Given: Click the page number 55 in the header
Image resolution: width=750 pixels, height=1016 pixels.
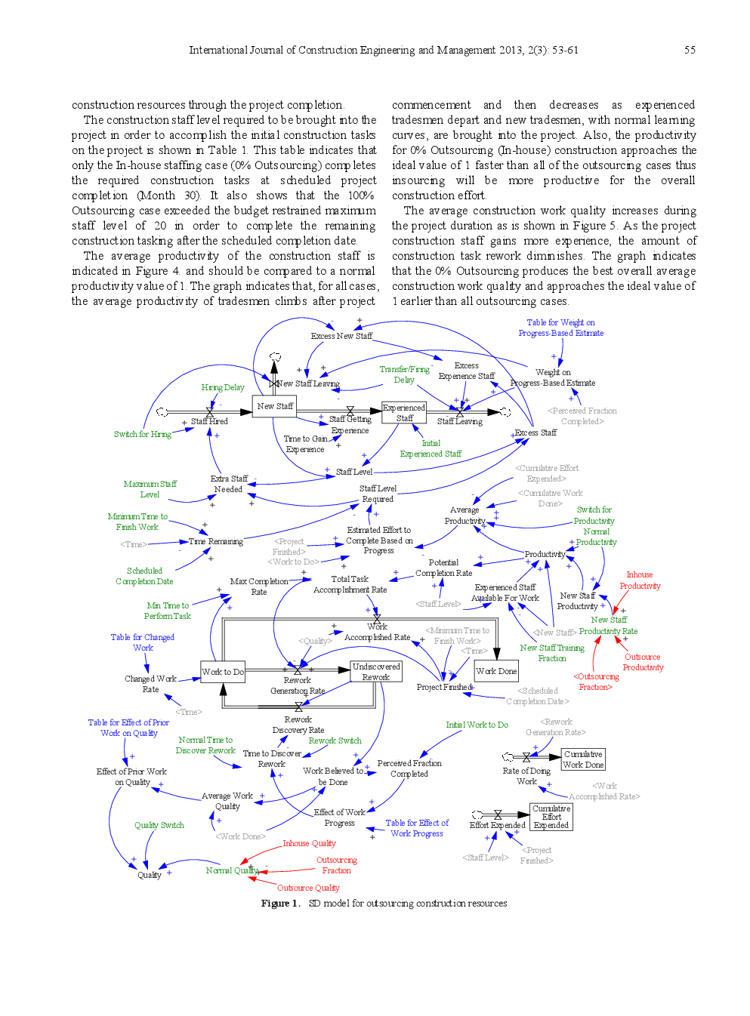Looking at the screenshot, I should [690, 50].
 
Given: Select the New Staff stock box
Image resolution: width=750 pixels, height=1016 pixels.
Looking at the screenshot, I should [274, 406].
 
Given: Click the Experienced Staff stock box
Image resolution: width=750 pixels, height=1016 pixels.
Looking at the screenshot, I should [404, 412].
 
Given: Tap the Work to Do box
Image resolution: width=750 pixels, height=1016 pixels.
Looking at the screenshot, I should [223, 672].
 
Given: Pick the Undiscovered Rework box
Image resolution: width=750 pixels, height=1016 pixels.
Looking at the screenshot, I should [376, 672].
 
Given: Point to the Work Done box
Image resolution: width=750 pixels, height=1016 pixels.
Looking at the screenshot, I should [496, 671].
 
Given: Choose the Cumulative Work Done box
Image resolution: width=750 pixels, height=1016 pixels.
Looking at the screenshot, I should [583, 759].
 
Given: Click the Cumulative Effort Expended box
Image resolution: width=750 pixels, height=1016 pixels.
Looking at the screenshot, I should [551, 817].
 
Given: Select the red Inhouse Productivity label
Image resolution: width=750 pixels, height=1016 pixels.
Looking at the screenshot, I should [640, 580].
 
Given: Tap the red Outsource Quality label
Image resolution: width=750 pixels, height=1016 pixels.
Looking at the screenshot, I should [308, 888].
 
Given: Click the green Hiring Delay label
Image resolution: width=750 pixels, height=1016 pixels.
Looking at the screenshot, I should [223, 387].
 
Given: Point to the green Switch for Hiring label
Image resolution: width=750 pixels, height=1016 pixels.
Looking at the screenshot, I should [143, 434].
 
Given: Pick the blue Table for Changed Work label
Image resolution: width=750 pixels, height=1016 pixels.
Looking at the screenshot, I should [142, 642].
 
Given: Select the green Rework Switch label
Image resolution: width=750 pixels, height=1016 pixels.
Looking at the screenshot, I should [335, 740].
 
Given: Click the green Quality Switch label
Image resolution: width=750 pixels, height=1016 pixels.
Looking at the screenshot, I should [159, 825].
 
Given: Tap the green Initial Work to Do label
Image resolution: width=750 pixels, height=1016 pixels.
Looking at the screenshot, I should [477, 725].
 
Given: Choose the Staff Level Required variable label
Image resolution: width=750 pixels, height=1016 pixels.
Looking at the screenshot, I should [378, 494].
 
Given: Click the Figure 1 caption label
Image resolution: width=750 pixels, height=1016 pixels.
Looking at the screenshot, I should [384, 904].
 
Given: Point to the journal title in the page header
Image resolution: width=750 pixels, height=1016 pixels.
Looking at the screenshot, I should [383, 50].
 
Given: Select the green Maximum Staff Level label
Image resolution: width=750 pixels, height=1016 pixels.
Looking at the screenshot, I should [150, 489].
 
